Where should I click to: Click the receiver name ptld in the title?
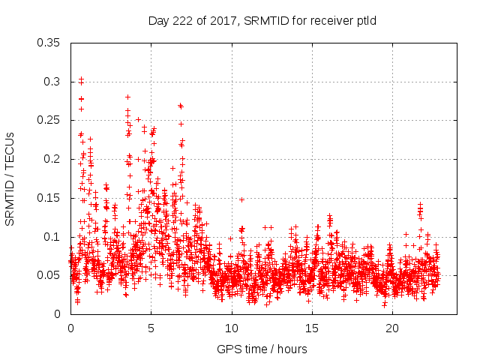(x=364, y=20)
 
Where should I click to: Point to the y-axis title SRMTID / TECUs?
(x=10, y=178)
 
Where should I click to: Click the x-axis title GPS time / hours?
(x=262, y=349)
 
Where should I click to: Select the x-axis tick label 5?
(x=151, y=328)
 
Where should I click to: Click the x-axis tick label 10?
(x=231, y=328)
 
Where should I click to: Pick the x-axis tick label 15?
(x=311, y=328)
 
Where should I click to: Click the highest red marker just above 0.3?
(x=81, y=78)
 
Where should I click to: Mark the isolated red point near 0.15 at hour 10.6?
(x=241, y=199)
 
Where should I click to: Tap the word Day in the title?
(x=158, y=20)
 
